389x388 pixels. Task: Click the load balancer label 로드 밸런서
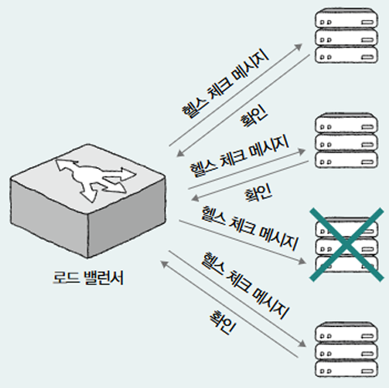(88, 278)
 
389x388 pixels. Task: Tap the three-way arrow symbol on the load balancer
(94, 178)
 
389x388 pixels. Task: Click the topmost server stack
(346, 36)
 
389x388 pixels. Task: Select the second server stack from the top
(346, 140)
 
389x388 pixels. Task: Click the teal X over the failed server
(347, 244)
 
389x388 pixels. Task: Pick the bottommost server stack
(346, 350)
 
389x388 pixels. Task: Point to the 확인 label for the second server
(258, 192)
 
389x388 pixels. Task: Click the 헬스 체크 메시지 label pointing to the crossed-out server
(250, 227)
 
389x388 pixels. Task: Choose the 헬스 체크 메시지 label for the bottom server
(245, 285)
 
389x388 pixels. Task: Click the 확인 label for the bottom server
(223, 323)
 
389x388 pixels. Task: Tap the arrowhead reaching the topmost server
(299, 47)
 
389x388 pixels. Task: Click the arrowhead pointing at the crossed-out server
(303, 262)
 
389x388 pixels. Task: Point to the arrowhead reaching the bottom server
(302, 344)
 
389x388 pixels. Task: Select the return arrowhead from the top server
(180, 153)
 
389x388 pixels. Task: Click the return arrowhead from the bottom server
(165, 263)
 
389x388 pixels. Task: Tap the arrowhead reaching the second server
(302, 151)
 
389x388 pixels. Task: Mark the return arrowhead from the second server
(195, 198)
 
